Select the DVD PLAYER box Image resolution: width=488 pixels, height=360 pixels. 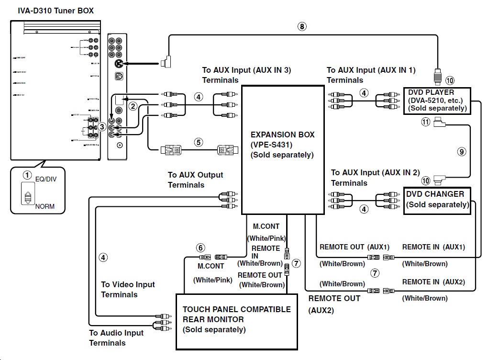click(x=436, y=100)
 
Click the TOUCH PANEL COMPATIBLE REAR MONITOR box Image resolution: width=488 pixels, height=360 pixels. click(x=237, y=320)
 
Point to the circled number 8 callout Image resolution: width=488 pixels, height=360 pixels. click(x=301, y=27)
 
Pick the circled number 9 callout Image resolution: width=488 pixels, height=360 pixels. click(x=461, y=152)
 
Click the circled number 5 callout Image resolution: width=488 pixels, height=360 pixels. click(x=199, y=142)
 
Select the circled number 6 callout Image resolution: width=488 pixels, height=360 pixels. click(x=201, y=247)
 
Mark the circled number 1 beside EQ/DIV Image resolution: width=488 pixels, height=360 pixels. click(x=28, y=175)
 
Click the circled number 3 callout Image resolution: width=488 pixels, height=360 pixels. click(x=102, y=127)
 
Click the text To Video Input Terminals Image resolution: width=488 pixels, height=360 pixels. click(x=128, y=290)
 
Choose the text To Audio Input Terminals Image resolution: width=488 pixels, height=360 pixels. click(x=116, y=338)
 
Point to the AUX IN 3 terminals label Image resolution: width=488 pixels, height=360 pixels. click(x=246, y=75)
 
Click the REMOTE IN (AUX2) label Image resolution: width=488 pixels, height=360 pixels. click(x=433, y=282)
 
